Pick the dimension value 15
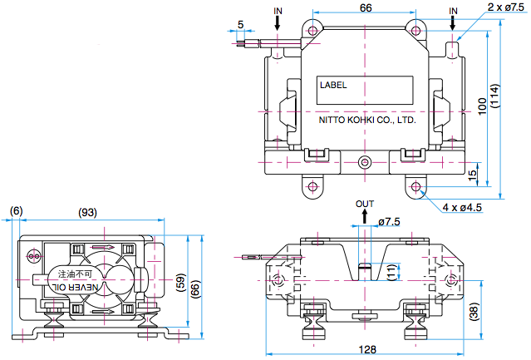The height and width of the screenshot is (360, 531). click(473, 175)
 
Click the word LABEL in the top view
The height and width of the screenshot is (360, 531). click(333, 84)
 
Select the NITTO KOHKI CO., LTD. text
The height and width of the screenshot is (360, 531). click(367, 120)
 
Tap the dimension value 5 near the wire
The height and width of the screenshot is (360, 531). click(241, 24)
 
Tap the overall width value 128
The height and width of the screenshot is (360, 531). click(366, 349)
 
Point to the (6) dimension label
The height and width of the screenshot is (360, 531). click(17, 212)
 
